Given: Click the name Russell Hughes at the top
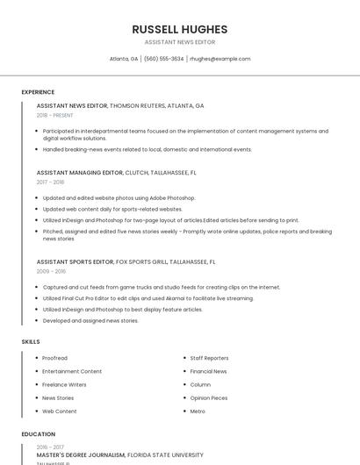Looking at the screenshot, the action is (x=179, y=29).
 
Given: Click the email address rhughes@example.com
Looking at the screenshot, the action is (x=220, y=59).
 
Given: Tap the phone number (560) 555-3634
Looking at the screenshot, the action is (x=163, y=59).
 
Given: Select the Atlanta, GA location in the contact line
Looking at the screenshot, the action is (x=124, y=59).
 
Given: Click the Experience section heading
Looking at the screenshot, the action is (x=38, y=92).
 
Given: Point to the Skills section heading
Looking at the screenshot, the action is (x=31, y=341).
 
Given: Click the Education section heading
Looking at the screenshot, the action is (x=39, y=434).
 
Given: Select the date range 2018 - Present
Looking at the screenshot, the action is (x=55, y=115).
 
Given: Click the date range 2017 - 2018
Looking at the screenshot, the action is (x=51, y=182).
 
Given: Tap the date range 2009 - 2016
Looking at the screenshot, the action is (x=51, y=271).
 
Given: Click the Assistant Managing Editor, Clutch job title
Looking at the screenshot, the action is (x=117, y=173).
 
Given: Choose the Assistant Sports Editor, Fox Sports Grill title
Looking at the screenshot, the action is (x=126, y=261).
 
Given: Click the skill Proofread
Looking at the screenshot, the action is (x=55, y=358).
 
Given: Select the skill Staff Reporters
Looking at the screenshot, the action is (x=209, y=358).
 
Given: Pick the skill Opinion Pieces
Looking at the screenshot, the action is (x=208, y=397).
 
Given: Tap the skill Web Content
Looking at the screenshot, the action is (x=60, y=411).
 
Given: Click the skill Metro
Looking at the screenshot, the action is (x=198, y=411).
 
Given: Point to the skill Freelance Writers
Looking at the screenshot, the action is (x=64, y=384).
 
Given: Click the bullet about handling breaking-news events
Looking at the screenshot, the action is (x=148, y=149).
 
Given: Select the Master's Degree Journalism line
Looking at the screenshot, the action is (x=119, y=455).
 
